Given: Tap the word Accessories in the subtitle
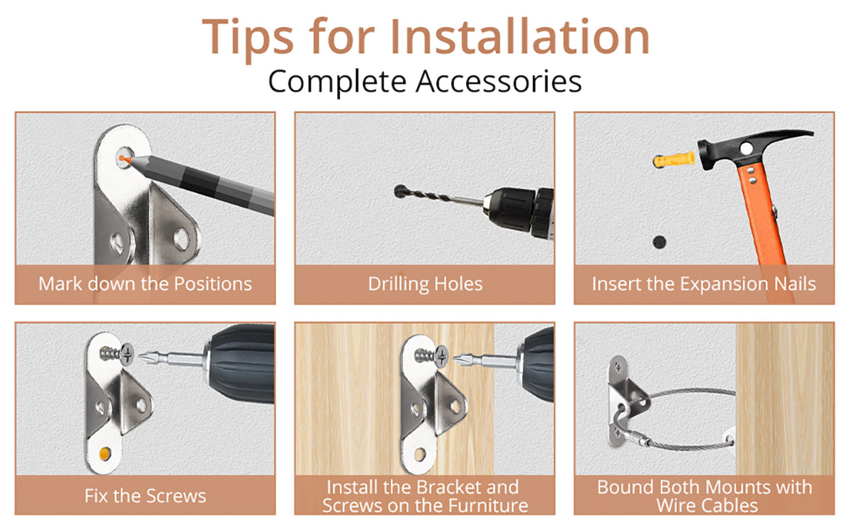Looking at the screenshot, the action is pos(499,82).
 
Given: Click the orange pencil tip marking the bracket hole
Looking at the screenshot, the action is pos(124,159).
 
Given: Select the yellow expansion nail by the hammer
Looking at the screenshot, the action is pos(674,160).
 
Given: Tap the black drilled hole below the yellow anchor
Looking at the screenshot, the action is pos(659,242).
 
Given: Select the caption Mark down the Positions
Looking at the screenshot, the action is pos(145,284).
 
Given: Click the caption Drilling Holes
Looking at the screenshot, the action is pos(425,284).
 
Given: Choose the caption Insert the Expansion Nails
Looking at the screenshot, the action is pos(704,284).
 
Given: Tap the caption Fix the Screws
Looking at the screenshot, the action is pos(145,496).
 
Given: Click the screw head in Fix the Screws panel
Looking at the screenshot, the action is pos(127,354).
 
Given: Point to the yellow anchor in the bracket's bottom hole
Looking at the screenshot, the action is pos(105,453).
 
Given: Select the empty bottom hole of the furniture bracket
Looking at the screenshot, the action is pos(419,454).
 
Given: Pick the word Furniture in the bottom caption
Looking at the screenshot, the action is pos(487,505).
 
